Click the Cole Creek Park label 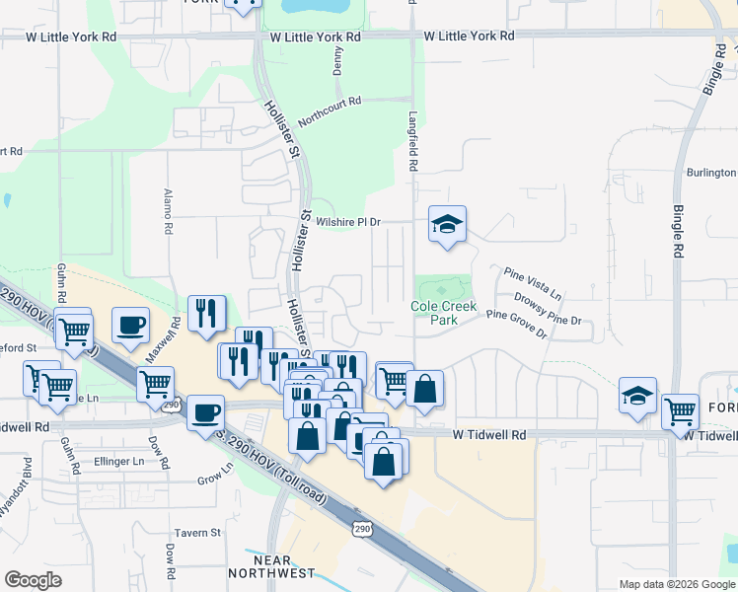tap(443, 313)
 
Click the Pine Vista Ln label tap(532, 282)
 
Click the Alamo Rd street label tap(169, 211)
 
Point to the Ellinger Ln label tap(118, 461)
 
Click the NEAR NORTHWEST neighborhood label tap(271, 565)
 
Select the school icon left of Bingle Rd tap(638, 395)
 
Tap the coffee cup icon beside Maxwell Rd tap(130, 325)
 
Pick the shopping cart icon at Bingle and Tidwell tap(681, 410)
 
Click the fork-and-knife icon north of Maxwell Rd tap(206, 313)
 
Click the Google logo tap(33, 580)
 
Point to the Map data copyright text tap(676, 584)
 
